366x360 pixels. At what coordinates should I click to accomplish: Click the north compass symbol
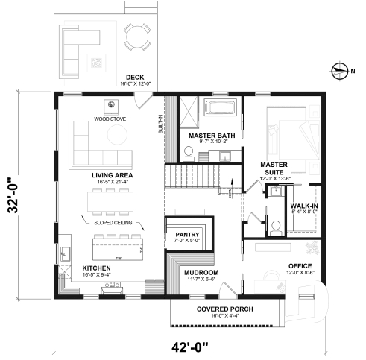pyautogui.click(x=340, y=71)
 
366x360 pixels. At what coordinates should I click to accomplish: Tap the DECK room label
pyautogui.click(x=134, y=77)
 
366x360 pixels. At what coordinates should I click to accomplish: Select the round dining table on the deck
pyautogui.click(x=136, y=35)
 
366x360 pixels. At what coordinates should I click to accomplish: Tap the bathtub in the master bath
pyautogui.click(x=221, y=107)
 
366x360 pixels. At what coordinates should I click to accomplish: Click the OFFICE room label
pyautogui.click(x=300, y=266)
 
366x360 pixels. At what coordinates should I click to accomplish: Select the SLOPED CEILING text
pyautogui.click(x=114, y=221)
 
